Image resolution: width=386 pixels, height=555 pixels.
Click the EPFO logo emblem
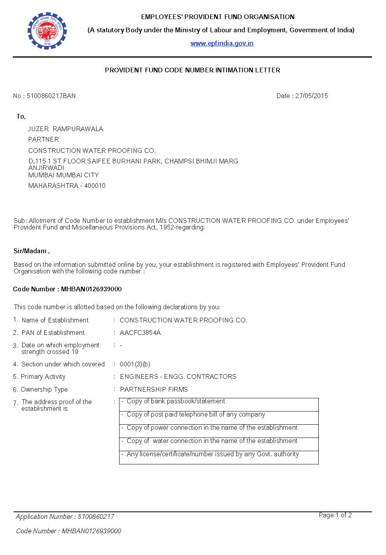click(47, 31)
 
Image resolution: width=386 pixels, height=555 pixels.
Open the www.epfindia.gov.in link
click(222, 43)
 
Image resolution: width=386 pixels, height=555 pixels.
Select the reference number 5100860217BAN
click(51, 96)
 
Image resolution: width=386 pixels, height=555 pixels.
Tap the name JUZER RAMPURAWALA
click(65, 129)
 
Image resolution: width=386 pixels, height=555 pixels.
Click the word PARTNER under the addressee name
click(44, 139)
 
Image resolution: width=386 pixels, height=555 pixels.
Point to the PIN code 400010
click(95, 186)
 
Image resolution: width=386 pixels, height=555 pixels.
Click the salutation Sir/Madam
click(30, 251)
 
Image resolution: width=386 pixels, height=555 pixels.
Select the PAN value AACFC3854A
click(140, 333)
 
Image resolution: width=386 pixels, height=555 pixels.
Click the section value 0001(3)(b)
click(135, 364)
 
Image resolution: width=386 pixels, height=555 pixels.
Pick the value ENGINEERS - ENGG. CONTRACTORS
click(178, 376)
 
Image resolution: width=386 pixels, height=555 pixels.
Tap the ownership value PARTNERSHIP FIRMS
click(154, 389)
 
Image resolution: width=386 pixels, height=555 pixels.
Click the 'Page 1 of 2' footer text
click(335, 515)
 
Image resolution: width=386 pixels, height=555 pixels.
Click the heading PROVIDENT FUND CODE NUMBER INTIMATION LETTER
click(193, 70)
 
